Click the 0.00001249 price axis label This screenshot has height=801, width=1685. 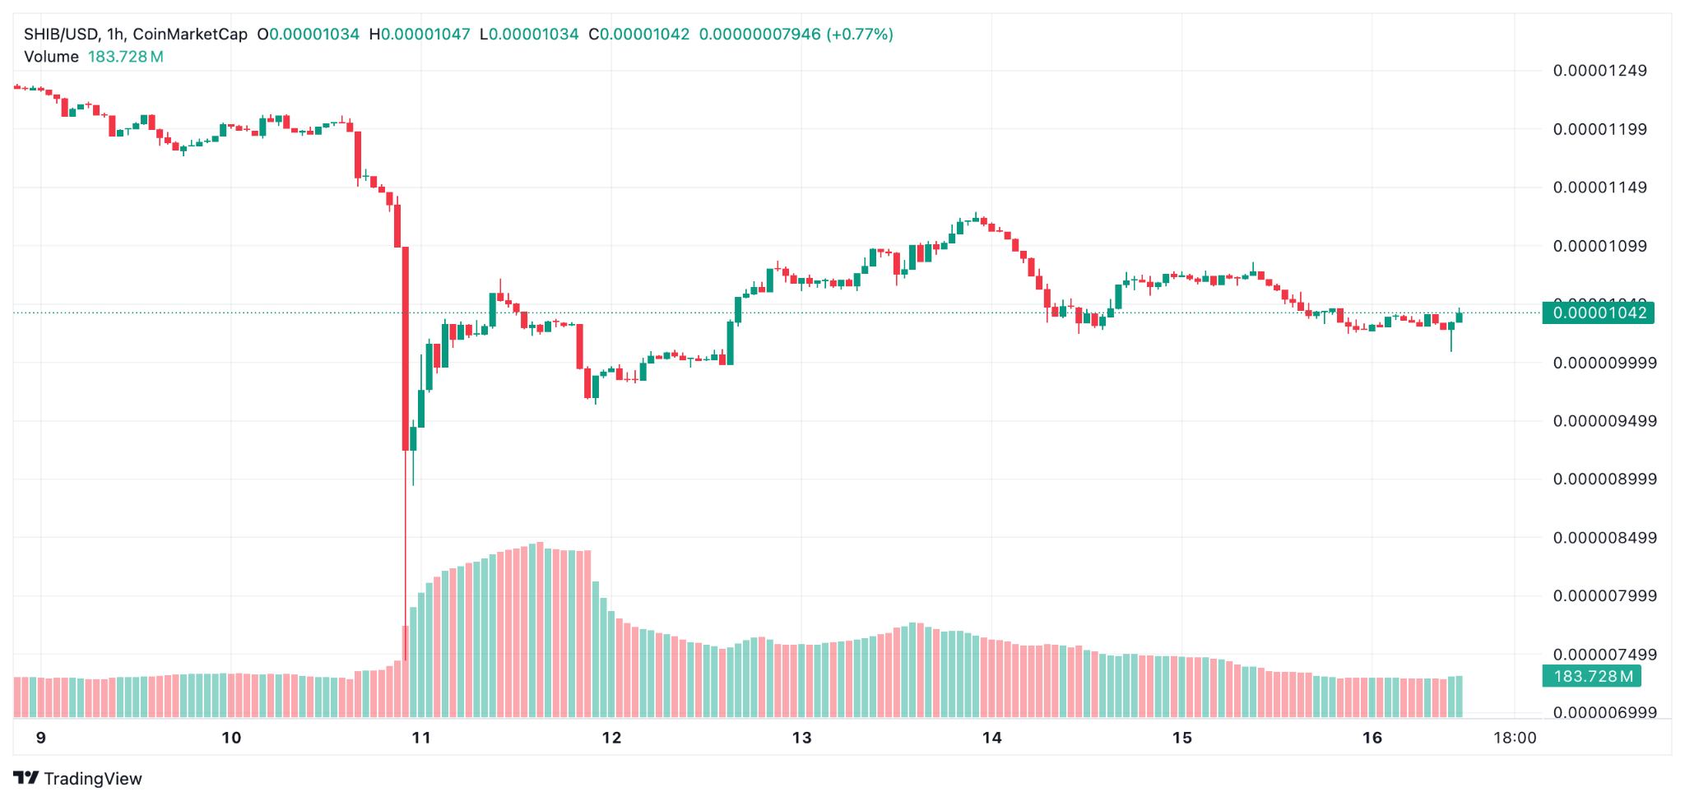coord(1599,71)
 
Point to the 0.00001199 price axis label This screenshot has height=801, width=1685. coord(1599,129)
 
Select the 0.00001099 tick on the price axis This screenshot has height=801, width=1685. coord(1599,246)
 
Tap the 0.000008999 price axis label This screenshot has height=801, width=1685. coord(1604,479)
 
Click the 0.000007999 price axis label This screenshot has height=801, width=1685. coord(1604,596)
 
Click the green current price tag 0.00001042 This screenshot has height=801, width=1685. coord(1598,313)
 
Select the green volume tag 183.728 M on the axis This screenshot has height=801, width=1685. coord(1592,677)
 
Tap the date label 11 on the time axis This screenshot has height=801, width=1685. coord(421,738)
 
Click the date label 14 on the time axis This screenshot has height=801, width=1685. coord(991,738)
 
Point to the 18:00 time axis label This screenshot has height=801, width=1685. coord(1515,738)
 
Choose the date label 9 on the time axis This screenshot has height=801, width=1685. coord(41,738)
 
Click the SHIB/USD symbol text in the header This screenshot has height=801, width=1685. coord(61,35)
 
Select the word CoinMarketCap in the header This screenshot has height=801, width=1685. coord(190,35)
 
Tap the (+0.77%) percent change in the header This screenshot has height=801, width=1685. coord(860,35)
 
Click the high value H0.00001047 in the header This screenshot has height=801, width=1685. coord(420,35)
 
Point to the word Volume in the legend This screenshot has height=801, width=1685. coord(51,57)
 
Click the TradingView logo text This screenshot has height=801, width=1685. coord(92,779)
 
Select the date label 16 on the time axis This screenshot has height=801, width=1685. coord(1372,738)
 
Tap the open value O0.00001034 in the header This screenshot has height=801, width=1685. coord(309,35)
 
